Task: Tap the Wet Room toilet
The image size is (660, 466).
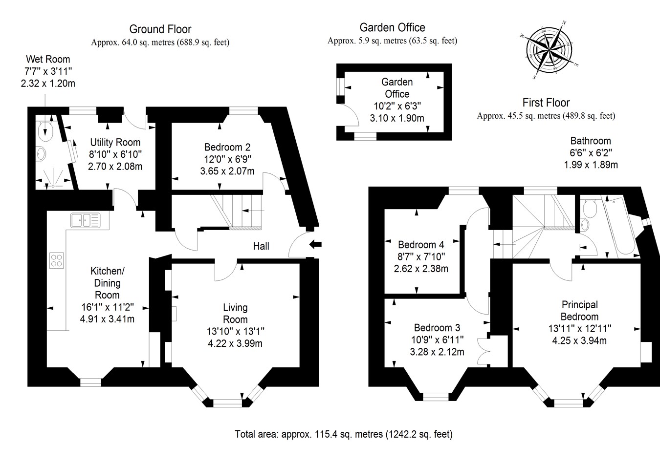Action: pyautogui.click(x=45, y=129)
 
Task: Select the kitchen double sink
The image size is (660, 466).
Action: pyautogui.click(x=85, y=220)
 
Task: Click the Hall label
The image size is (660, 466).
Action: pyautogui.click(x=261, y=246)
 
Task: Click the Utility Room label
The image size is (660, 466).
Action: pyautogui.click(x=115, y=142)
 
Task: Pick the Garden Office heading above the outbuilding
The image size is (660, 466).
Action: pyautogui.click(x=392, y=28)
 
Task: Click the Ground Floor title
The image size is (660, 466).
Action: pyautogui.click(x=160, y=29)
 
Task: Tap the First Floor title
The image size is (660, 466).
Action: pyautogui.click(x=546, y=103)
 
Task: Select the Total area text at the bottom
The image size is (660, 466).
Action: pyautogui.click(x=344, y=434)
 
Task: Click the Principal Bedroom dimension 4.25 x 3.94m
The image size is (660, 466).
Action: pyautogui.click(x=579, y=340)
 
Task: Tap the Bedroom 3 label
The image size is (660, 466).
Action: pyautogui.click(x=437, y=327)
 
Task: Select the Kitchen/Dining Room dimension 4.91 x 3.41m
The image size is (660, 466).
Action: pyautogui.click(x=107, y=319)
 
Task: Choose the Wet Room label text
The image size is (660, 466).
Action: pyautogui.click(x=48, y=60)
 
